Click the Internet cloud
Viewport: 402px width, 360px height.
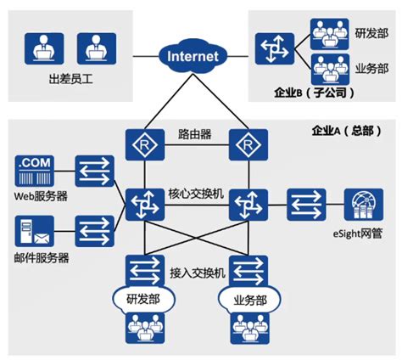[193, 57]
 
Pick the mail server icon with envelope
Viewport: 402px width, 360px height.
[34, 229]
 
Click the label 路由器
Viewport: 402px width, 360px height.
[194, 134]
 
